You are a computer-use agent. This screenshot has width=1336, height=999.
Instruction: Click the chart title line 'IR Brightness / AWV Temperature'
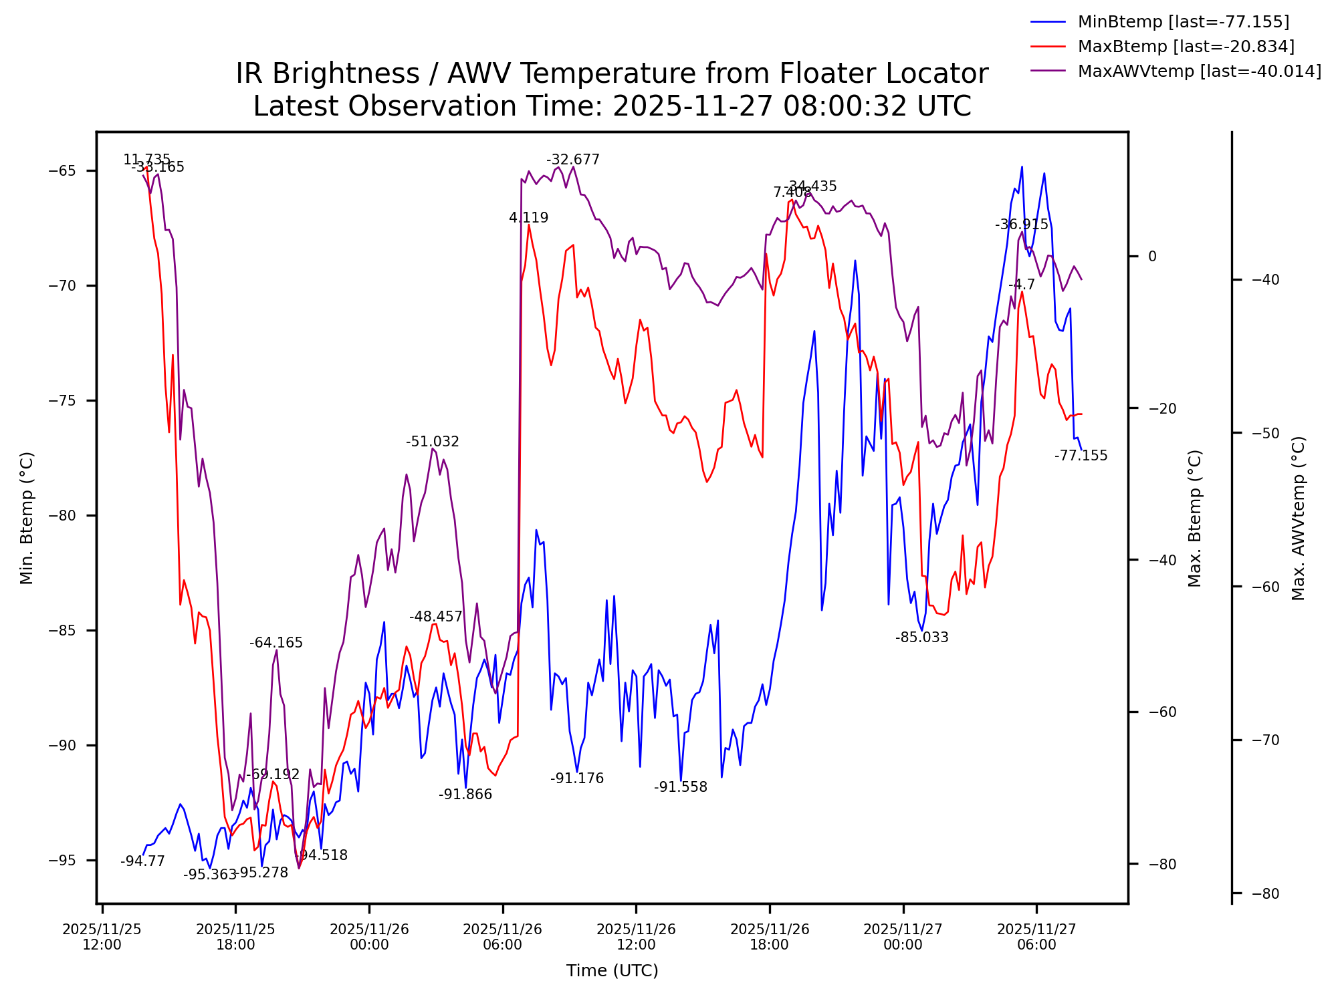pos(611,74)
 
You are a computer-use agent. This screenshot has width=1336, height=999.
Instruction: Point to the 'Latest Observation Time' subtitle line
pos(611,106)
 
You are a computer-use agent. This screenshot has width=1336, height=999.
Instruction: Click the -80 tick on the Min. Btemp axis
pos(64,516)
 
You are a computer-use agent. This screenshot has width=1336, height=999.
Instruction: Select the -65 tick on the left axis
pos(64,171)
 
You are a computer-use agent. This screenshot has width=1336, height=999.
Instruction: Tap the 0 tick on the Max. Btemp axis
pos(1152,257)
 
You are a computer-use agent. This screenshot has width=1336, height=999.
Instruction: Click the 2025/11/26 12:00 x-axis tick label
pos(636,937)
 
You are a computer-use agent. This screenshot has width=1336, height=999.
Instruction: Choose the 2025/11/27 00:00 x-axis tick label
pos(903,937)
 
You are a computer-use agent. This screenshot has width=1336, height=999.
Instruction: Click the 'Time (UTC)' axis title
pos(612,971)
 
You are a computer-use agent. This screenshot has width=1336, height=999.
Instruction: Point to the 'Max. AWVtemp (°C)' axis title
pos(1298,519)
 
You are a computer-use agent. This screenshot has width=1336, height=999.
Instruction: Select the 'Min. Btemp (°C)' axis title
pos(27,519)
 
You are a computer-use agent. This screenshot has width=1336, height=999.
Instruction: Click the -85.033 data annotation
pos(921,637)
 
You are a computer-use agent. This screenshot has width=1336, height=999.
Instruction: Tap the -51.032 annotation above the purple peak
pos(432,442)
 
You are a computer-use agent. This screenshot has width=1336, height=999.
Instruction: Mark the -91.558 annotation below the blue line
pos(680,787)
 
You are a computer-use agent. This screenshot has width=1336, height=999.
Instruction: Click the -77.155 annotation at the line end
pos(1081,456)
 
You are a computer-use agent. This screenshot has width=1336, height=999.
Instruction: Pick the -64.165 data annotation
pos(275,643)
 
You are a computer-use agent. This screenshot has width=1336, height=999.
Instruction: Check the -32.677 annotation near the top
pos(572,160)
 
